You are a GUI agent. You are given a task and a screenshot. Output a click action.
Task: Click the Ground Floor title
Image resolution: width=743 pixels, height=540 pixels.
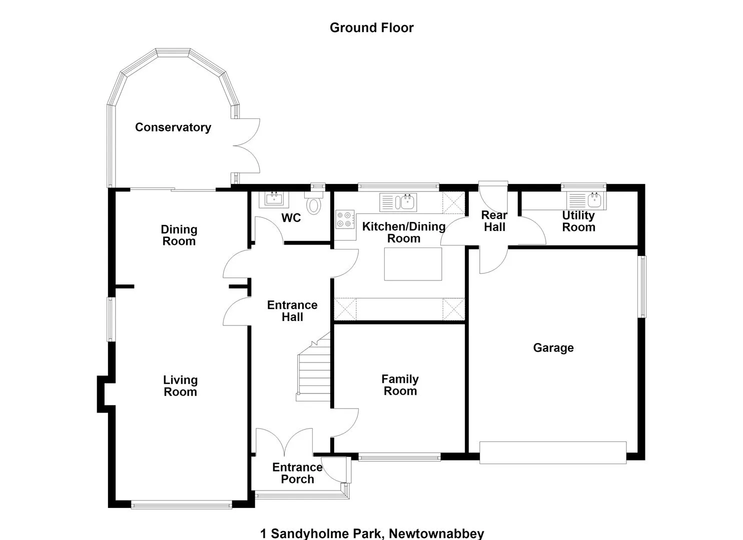click(x=371, y=28)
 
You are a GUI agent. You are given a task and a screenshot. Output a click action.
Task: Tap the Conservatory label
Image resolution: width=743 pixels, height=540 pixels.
click(x=173, y=127)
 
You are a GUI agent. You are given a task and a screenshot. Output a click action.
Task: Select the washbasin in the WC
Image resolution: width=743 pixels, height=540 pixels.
click(x=274, y=199)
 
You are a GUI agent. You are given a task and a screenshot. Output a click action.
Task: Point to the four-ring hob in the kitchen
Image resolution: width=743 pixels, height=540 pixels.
click(x=345, y=219)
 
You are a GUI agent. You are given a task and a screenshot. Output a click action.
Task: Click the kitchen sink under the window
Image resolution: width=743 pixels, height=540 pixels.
click(x=398, y=202)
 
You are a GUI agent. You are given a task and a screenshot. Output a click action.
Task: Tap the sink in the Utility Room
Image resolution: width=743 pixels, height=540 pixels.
click(x=586, y=200)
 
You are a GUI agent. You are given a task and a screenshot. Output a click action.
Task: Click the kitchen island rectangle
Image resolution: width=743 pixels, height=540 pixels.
click(x=413, y=264)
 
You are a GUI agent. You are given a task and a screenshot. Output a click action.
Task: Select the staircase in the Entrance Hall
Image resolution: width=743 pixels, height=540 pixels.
click(x=313, y=367)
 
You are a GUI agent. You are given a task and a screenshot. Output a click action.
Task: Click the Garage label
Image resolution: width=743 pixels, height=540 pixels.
click(x=553, y=347)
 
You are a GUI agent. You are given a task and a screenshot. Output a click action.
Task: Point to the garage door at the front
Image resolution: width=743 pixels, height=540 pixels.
click(x=553, y=452)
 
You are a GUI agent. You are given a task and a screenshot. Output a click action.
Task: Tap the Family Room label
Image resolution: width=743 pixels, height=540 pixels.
click(x=400, y=385)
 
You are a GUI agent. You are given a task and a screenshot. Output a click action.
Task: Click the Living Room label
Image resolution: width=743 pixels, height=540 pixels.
click(x=180, y=386)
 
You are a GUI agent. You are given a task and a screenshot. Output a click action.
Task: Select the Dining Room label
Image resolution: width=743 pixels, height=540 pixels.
click(x=179, y=235)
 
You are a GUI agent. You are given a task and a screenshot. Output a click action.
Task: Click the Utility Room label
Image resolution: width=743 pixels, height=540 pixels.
click(x=578, y=221)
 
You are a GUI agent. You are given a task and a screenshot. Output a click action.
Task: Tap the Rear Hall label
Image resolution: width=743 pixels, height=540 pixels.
click(x=494, y=221)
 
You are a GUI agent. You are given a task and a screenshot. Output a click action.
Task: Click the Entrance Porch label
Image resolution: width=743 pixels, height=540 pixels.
click(x=298, y=473)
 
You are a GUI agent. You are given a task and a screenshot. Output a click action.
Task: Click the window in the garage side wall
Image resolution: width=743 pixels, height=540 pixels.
click(x=642, y=286)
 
